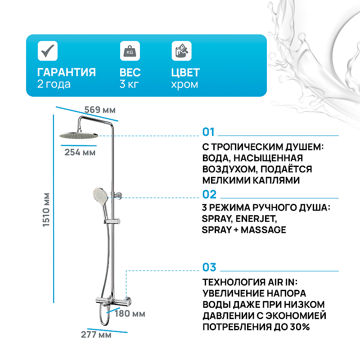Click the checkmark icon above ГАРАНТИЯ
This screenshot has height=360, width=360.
48,51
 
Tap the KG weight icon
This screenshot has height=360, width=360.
130,51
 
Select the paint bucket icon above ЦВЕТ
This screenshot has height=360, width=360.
181,51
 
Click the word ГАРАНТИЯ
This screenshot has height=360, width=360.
66,72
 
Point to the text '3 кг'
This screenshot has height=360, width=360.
129,84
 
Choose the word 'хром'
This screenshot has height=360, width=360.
184,85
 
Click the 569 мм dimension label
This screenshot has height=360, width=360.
100,110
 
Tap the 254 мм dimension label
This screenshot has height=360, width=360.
80,152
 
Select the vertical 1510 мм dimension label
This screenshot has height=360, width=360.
46,210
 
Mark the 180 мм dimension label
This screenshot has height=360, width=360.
130,313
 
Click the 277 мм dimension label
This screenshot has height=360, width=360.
96,334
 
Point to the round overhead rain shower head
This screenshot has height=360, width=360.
78,136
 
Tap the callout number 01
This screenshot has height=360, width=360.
208,132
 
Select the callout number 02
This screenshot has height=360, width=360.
209,194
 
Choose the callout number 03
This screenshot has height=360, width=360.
209,267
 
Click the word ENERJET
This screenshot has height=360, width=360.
256,219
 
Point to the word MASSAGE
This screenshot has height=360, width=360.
263,230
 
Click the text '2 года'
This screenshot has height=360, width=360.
54,84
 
